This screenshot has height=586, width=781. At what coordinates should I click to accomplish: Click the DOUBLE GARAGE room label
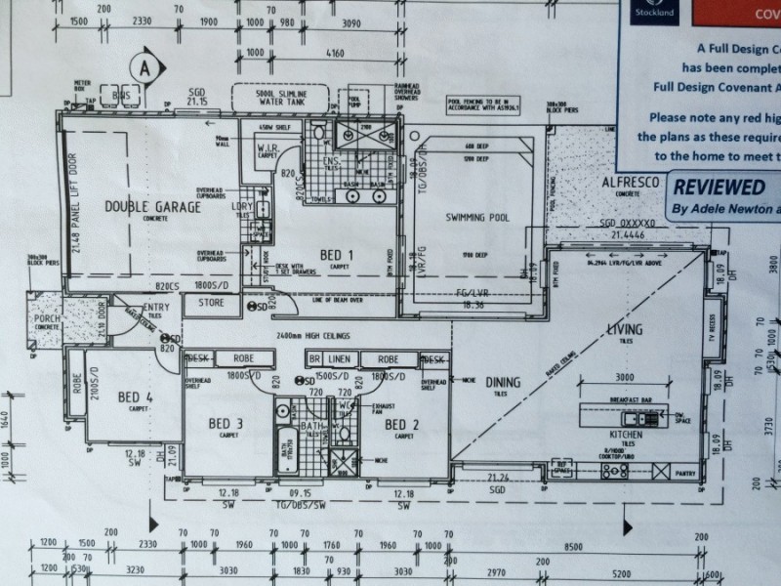(152, 207)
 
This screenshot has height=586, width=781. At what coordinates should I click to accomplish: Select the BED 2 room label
(401, 425)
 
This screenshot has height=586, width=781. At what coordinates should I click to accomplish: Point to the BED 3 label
(226, 423)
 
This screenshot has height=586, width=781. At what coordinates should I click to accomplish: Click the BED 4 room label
(136, 397)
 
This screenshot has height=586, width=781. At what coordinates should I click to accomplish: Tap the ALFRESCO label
(631, 183)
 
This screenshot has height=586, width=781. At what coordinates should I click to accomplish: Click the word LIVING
(625, 330)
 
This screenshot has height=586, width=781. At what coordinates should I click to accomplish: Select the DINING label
(504, 382)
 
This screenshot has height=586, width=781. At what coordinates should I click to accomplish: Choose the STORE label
(211, 303)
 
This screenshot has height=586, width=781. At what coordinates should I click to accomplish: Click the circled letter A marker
(144, 68)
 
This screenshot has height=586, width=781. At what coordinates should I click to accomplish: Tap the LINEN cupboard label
(339, 359)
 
